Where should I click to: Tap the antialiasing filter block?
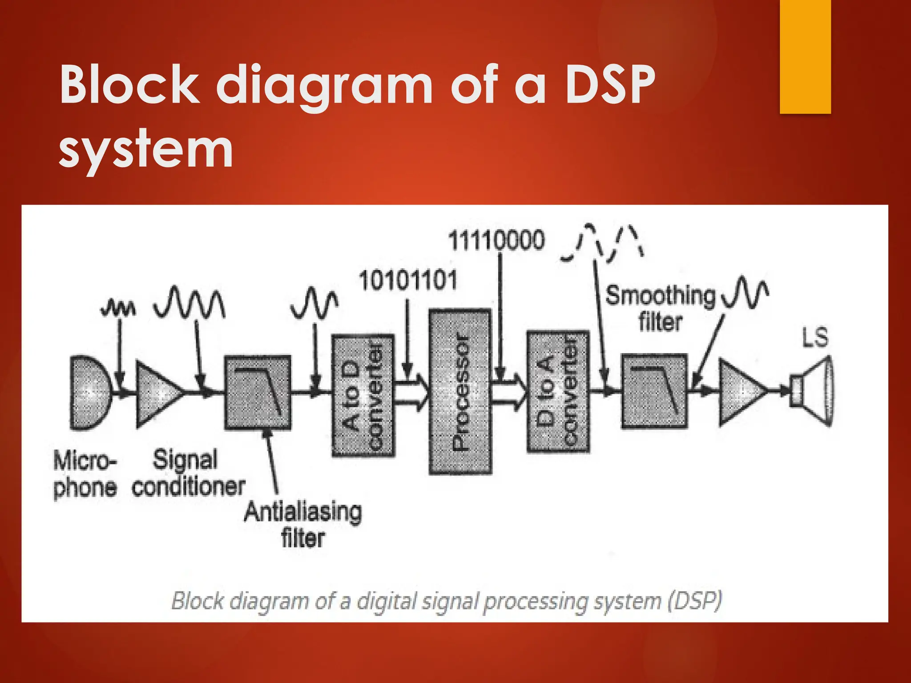point(258,393)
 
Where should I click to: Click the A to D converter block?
point(363,395)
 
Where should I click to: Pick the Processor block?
point(460,392)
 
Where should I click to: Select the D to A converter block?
point(558,392)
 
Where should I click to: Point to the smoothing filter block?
point(654,391)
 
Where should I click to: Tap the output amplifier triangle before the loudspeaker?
point(741,392)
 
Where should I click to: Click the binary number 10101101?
point(408,281)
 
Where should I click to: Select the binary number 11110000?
point(496,241)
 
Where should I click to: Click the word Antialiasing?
point(302,512)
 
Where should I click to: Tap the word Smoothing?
point(661,296)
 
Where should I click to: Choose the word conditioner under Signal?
point(188,487)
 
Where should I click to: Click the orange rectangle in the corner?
point(805,56)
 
